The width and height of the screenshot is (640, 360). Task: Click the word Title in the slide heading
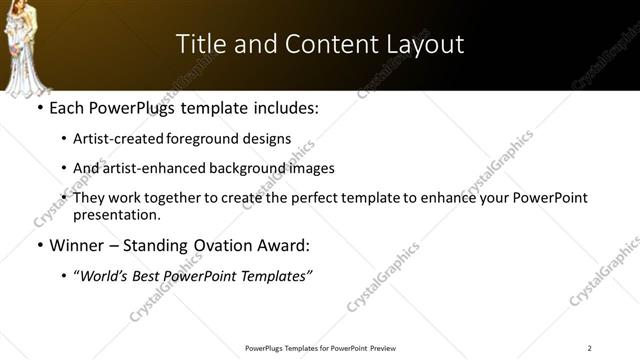coord(200,44)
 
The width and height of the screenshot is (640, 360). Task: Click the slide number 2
coord(589,348)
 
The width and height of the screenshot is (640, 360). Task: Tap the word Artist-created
coord(111,139)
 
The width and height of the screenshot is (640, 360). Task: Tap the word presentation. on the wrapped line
coord(116,214)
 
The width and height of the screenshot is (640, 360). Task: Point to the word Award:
coord(281,245)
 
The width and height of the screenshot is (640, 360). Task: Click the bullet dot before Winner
coord(39,246)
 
